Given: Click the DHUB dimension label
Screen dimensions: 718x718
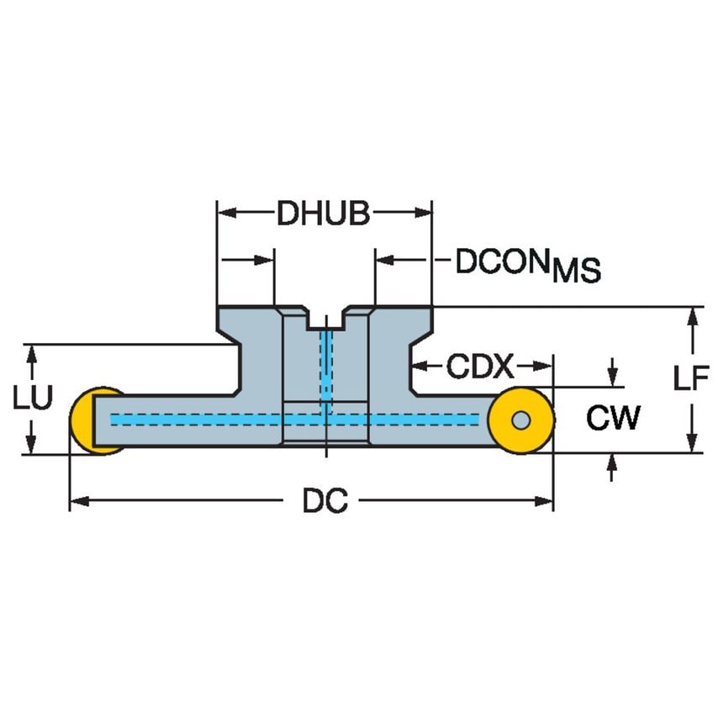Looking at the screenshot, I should [324, 214].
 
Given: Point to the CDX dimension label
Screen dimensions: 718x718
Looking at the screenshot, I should [479, 367].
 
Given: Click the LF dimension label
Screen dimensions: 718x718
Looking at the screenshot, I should [691, 379].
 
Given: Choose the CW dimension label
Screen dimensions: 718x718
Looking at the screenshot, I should [613, 418].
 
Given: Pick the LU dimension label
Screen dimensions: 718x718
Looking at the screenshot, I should [32, 398].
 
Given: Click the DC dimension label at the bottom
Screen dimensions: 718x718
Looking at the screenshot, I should [325, 503].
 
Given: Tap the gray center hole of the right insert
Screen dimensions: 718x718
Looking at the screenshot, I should [521, 419].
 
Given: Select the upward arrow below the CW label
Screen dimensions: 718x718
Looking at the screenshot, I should [613, 464].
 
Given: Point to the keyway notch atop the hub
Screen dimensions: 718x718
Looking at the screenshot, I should [325, 319].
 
